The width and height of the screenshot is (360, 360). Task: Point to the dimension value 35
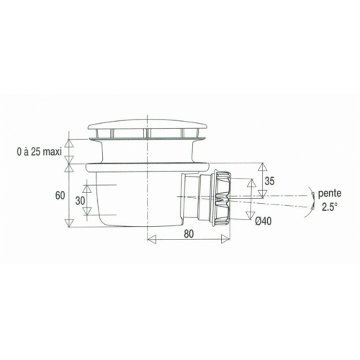pos(269,180)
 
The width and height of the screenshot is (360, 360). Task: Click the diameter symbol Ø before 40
pos(258,220)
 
